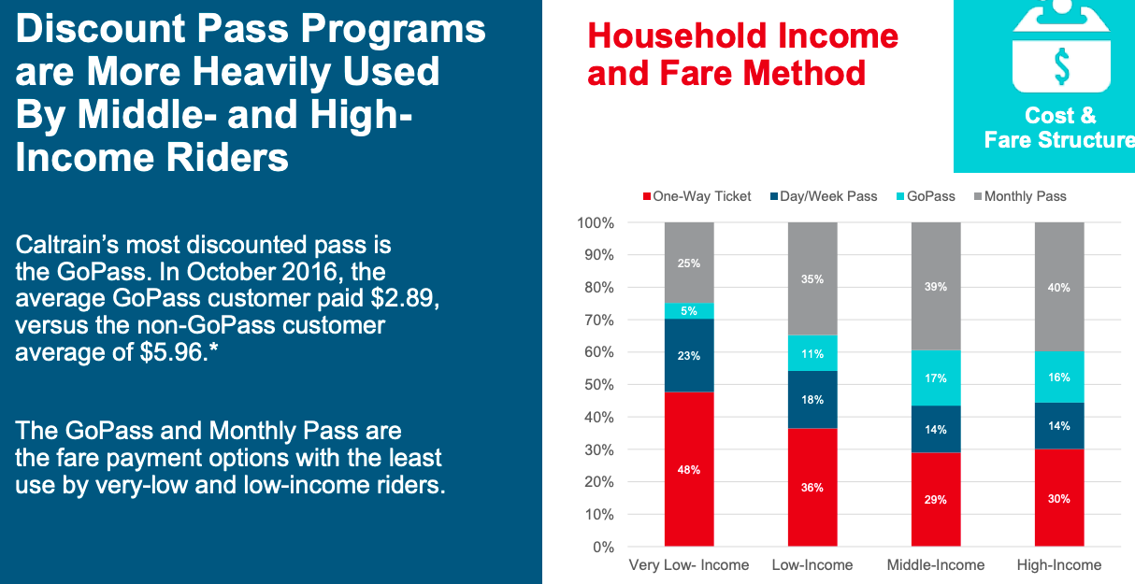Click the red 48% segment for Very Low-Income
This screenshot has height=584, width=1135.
pos(689,469)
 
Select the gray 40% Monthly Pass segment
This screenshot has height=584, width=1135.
pos(1059,287)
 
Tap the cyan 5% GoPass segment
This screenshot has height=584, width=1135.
pos(689,311)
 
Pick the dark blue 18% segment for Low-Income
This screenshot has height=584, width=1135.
pos(812,399)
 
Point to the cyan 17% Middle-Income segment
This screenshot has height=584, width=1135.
pos(936,378)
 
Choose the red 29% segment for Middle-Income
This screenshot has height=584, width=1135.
pos(936,499)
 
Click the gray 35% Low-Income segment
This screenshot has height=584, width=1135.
pos(812,278)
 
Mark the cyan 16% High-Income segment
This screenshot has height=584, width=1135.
pos(1059,377)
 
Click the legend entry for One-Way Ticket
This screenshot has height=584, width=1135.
pos(697,196)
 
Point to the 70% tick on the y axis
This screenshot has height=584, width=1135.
pos(595,320)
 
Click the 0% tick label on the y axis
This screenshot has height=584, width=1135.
pos(602,547)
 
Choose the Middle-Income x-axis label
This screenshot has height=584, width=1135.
pos(936,564)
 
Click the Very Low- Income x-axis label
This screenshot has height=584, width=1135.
pos(689,564)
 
